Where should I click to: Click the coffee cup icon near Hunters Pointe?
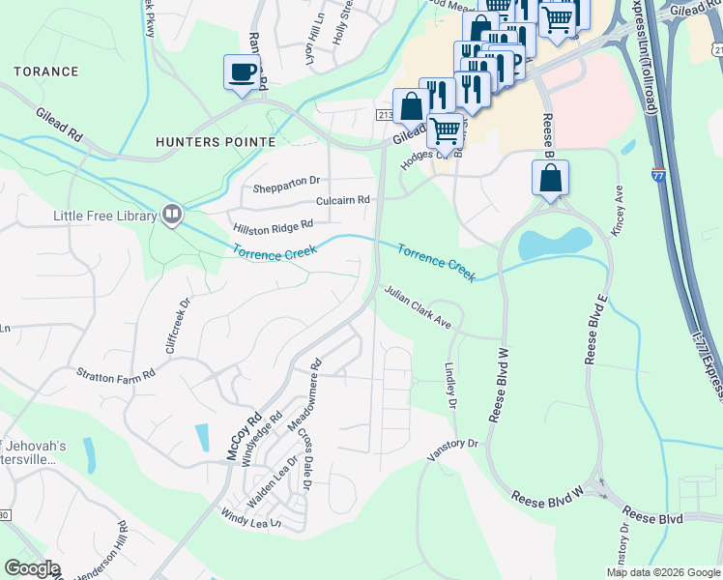tap(242, 72)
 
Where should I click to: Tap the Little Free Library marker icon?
tap(172, 213)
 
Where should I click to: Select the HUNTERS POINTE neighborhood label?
tap(216, 142)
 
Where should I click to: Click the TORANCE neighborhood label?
tap(46, 72)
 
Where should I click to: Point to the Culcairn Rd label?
tap(343, 200)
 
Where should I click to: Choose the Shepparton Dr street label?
tap(287, 181)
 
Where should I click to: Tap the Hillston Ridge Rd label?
tap(274, 226)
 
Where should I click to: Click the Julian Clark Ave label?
tap(418, 307)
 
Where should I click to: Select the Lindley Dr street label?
tap(449, 385)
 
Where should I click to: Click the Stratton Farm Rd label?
tap(116, 373)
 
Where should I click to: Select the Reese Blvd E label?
tap(593, 333)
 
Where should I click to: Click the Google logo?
tap(32, 568)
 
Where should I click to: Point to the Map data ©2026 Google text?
tap(663, 572)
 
